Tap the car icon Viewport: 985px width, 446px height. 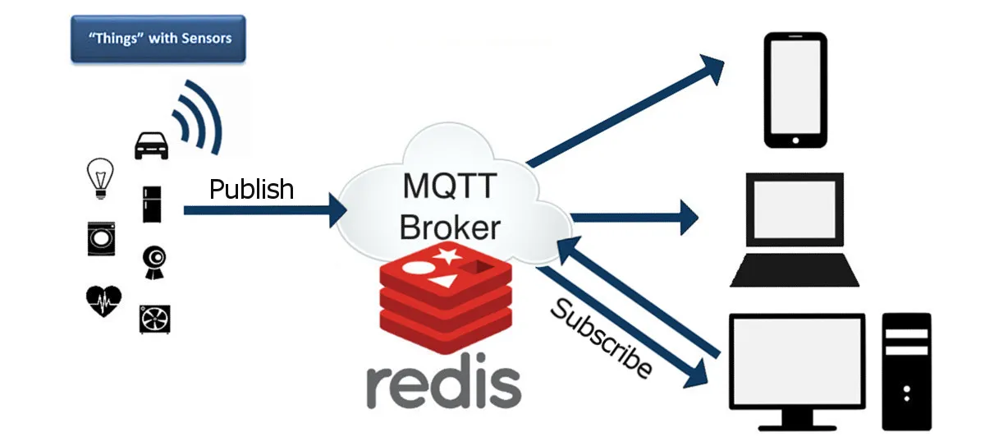pos(151,145)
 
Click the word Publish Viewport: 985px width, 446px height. pos(251,189)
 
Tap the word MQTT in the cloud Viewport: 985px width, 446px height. pos(449,186)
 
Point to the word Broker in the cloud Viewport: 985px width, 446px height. pos(449,227)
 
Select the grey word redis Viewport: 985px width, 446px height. pos(443,383)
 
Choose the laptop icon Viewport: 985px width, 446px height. pos(794,229)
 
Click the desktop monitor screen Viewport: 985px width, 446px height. pos(797,361)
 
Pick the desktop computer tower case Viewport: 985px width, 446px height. pos(906,370)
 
